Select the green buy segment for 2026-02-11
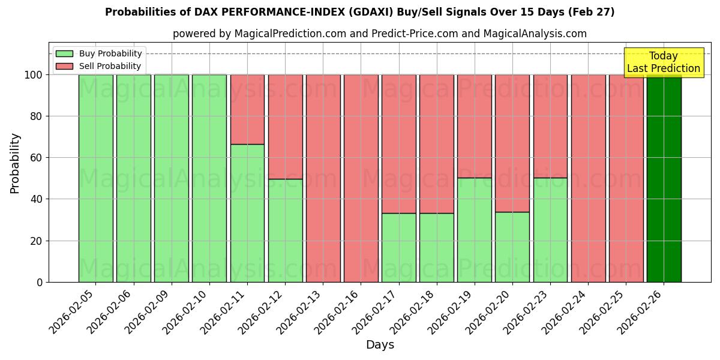[x=247, y=213]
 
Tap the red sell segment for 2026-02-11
[x=247, y=109]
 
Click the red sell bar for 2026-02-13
[x=323, y=178]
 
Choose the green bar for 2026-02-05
[x=96, y=178]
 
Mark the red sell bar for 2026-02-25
[x=626, y=178]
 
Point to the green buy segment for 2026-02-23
[x=550, y=230]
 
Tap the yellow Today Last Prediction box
[x=663, y=62]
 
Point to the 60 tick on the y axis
[x=38, y=158]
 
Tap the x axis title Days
[x=380, y=345]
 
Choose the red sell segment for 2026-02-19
[x=474, y=126]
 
